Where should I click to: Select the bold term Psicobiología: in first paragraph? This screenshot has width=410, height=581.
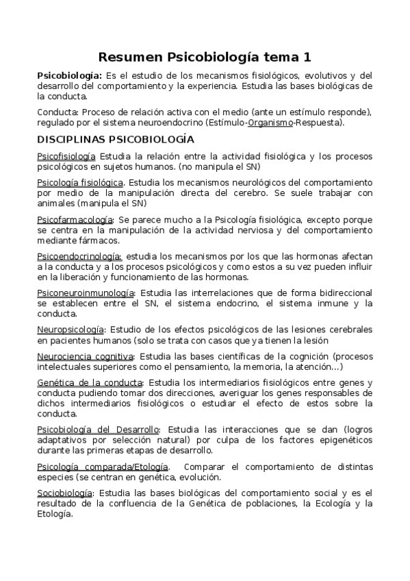[69, 75]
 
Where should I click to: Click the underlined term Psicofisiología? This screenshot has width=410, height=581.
[66, 157]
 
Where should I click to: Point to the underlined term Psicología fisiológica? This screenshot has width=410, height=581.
[80, 183]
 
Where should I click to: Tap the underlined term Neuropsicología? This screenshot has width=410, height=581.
[71, 330]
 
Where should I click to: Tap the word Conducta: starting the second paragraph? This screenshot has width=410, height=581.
[57, 112]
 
